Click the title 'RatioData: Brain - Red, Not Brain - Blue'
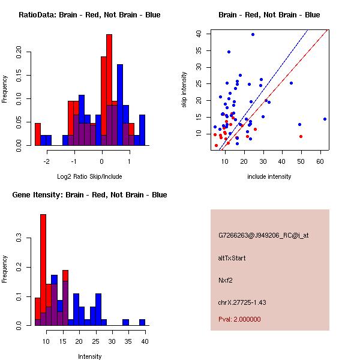coord(89,14)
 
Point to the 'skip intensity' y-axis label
coord(184,90)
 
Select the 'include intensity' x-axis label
coord(269,176)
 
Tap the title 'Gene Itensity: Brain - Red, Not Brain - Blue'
coord(89,194)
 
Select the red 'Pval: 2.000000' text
coord(239,319)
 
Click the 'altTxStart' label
coord(232,258)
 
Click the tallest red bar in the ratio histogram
coord(109,90)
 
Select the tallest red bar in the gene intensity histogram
coord(43,270)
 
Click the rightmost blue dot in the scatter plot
coord(325,119)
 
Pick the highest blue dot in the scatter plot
coord(253,34)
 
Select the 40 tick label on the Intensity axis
coord(144,341)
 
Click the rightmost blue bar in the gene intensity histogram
coord(142,322)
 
